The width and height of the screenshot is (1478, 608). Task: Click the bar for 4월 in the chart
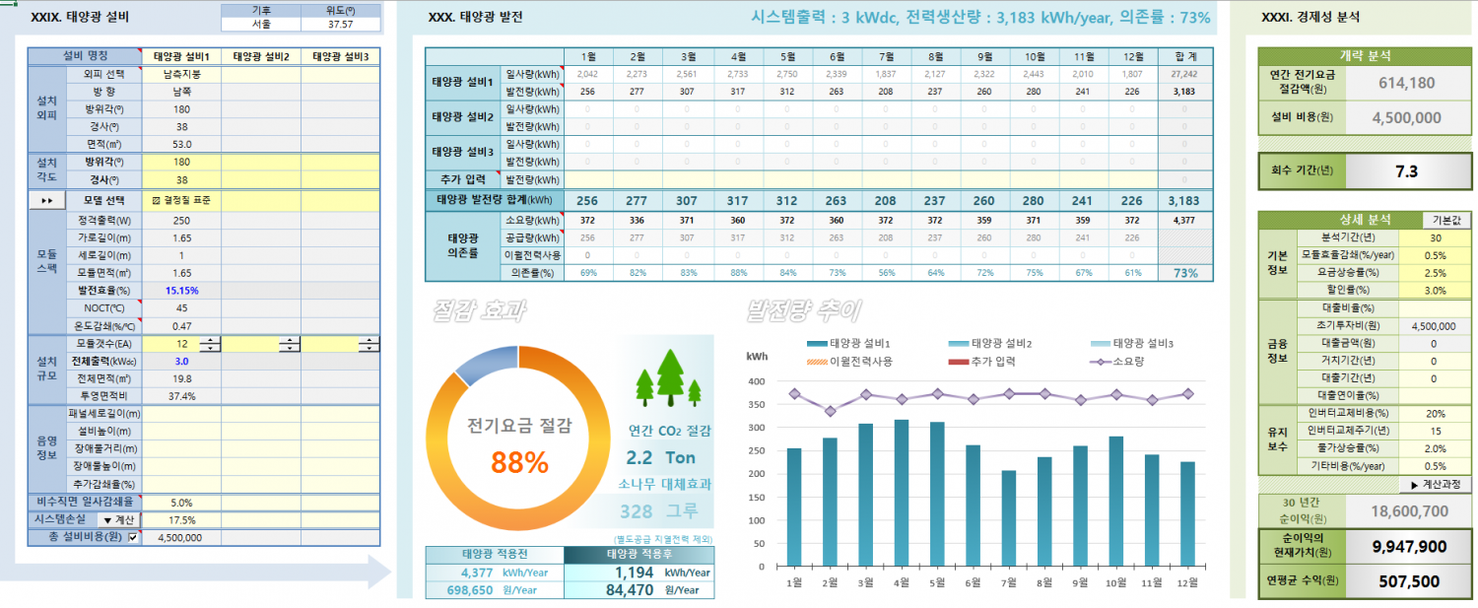901,493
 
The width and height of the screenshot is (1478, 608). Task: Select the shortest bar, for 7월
1007,518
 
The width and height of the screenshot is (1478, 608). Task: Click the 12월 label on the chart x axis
1187,582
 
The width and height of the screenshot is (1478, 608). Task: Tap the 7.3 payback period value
1406,171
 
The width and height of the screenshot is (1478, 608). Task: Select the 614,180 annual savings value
1406,83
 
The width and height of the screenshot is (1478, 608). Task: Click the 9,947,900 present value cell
1408,546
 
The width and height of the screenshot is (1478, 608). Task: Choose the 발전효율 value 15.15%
182,291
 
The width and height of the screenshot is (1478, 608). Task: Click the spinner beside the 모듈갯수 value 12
210,344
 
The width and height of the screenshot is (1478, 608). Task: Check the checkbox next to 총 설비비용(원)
134,537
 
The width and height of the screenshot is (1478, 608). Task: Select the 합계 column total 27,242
1182,74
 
